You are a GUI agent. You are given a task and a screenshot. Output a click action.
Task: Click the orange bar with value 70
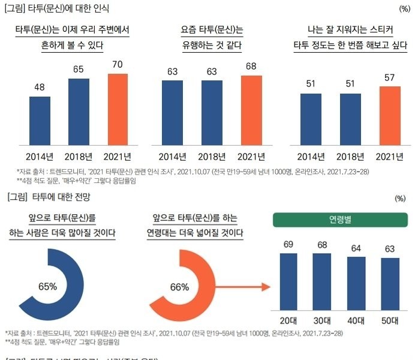click(118, 109)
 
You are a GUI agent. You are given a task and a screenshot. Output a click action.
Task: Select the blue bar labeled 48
click(40, 121)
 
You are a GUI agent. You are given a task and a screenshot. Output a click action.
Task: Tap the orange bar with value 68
click(251, 110)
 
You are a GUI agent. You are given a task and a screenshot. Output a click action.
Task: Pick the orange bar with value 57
click(390, 116)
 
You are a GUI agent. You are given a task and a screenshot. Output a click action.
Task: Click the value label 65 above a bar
click(79, 70)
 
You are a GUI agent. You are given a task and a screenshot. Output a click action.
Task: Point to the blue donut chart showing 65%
click(48, 286)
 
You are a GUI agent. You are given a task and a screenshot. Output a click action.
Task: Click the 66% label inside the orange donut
click(179, 287)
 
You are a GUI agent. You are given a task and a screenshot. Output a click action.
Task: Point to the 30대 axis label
click(323, 320)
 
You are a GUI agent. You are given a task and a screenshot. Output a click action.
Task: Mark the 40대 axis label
click(357, 320)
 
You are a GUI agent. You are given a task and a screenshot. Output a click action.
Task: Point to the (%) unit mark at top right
click(404, 9)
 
